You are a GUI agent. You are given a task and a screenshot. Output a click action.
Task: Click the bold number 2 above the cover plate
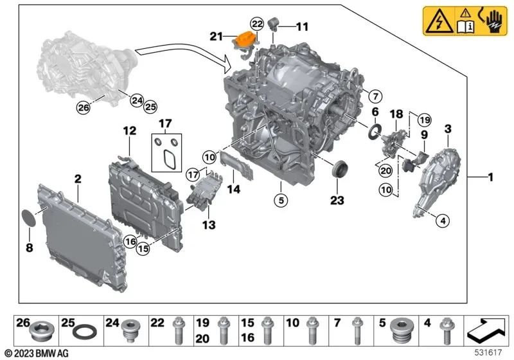[77, 179]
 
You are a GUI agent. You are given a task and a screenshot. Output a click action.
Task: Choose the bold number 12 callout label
[130, 131]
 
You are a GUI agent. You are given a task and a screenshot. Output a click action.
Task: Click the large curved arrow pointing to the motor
[183, 56]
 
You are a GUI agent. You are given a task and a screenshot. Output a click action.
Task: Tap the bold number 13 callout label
[209, 226]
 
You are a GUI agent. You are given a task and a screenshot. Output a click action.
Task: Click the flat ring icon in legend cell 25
[84, 335]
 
